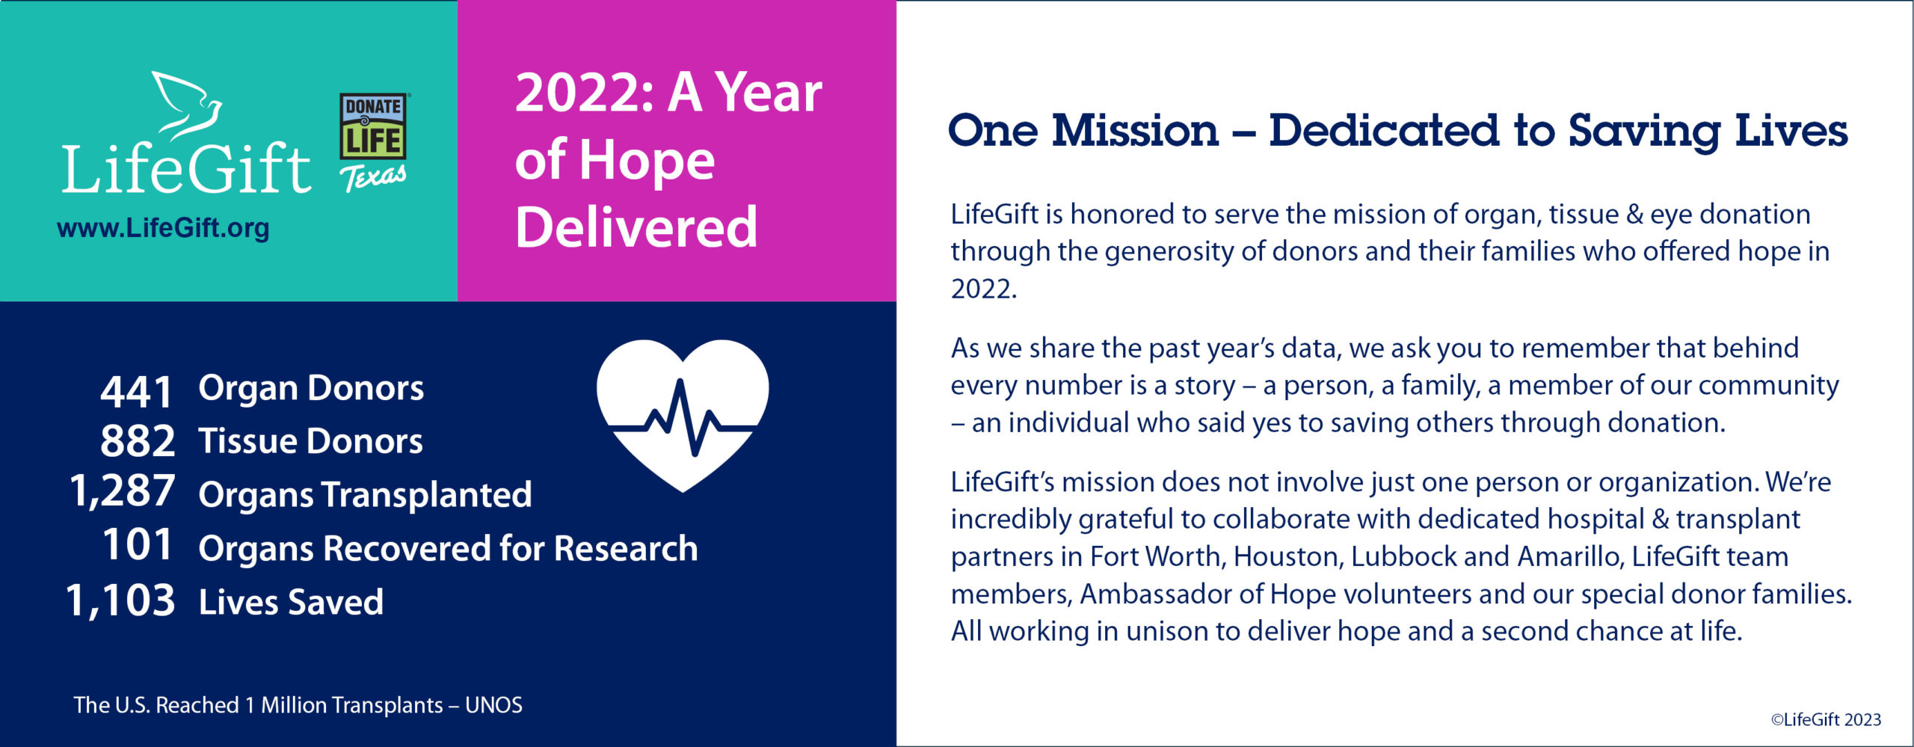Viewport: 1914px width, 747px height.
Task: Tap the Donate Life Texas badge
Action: click(374, 142)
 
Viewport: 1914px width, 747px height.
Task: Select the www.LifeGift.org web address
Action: click(163, 228)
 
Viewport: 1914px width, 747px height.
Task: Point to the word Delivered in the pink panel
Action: click(636, 227)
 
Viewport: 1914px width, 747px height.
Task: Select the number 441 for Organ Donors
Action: click(137, 391)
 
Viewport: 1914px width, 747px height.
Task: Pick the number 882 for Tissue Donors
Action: click(138, 441)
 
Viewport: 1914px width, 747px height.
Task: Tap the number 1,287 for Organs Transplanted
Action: click(123, 491)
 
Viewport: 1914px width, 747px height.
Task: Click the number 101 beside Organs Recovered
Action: click(138, 544)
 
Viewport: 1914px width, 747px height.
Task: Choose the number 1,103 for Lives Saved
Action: click(120, 600)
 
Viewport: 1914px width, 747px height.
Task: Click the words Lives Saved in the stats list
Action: click(291, 602)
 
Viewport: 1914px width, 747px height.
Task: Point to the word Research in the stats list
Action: click(626, 548)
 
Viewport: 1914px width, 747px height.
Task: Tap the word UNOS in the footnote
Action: click(493, 705)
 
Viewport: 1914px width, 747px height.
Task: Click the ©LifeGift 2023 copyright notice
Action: click(1826, 719)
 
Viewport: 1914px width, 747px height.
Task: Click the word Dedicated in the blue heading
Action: click(1384, 131)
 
